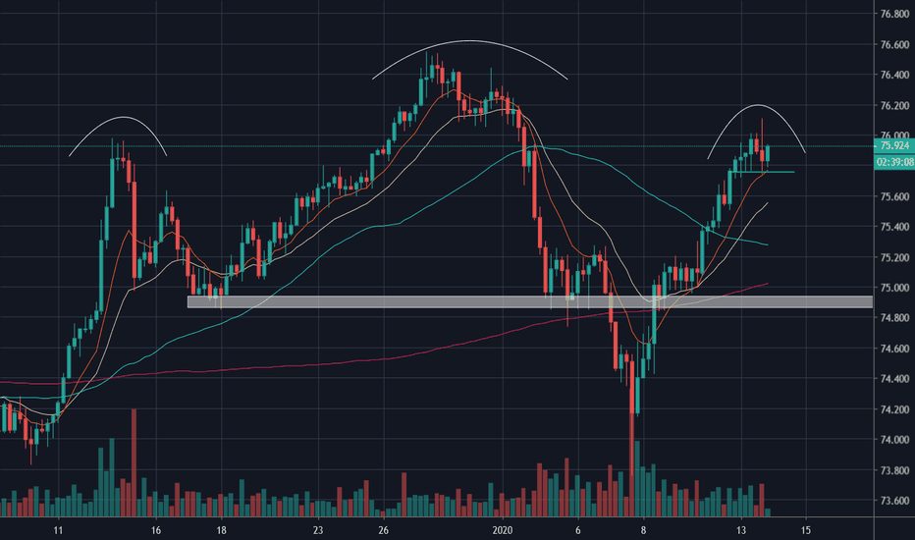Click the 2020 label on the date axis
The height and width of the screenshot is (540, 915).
[x=503, y=530]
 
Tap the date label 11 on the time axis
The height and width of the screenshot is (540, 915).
[x=58, y=530]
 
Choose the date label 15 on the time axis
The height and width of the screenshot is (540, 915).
[x=806, y=530]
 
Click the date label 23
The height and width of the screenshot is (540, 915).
[x=319, y=530]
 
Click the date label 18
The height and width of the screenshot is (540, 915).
[x=222, y=530]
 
